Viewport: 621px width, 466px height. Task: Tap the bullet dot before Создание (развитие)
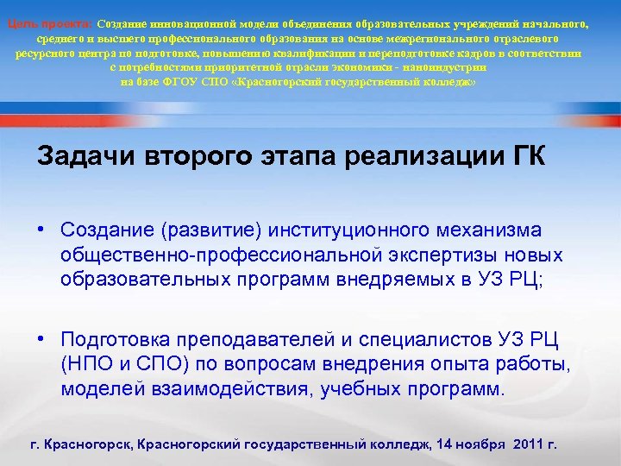tap(41, 230)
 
